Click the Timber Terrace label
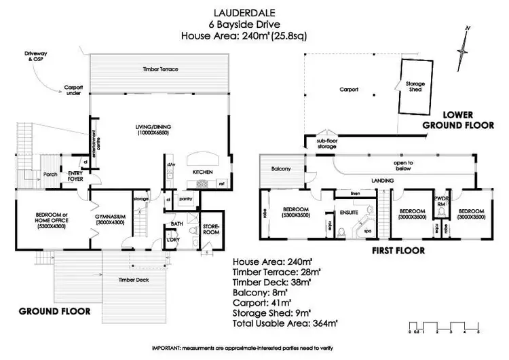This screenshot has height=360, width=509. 160,69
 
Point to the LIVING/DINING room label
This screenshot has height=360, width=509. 150,129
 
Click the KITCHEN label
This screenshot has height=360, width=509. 204,173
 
